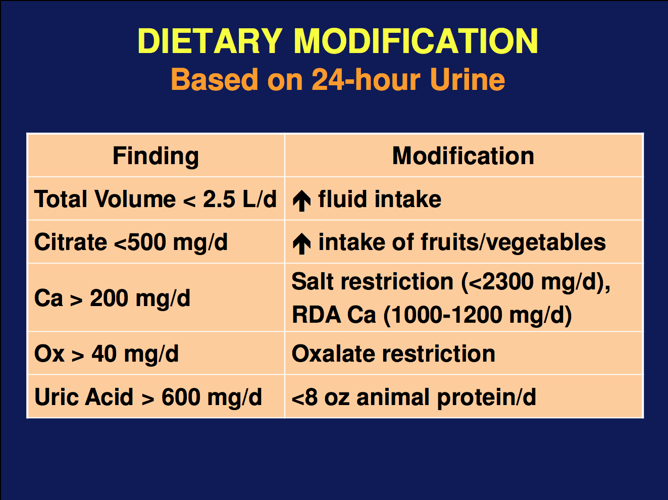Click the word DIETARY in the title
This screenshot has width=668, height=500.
pos(210,41)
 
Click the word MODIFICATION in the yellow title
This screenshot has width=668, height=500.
pos(416,41)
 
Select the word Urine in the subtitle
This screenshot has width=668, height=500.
pos(468,79)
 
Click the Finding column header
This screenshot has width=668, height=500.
pos(156,156)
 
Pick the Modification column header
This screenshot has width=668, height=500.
pos(463,156)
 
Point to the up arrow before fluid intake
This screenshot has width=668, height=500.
pos(301,201)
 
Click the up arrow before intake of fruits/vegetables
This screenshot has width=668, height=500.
pos(301,243)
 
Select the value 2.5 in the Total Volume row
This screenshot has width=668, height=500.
pos(219,199)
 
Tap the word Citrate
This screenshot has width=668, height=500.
pos(71,242)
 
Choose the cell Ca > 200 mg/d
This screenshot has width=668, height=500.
pos(112,298)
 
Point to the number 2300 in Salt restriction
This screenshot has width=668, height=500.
pos(507,281)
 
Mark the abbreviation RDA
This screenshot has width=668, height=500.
pos(316,315)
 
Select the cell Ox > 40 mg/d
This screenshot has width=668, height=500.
pos(107,354)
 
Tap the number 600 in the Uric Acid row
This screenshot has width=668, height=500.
pos(180,397)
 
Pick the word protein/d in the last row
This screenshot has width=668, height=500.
pos(487,398)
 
